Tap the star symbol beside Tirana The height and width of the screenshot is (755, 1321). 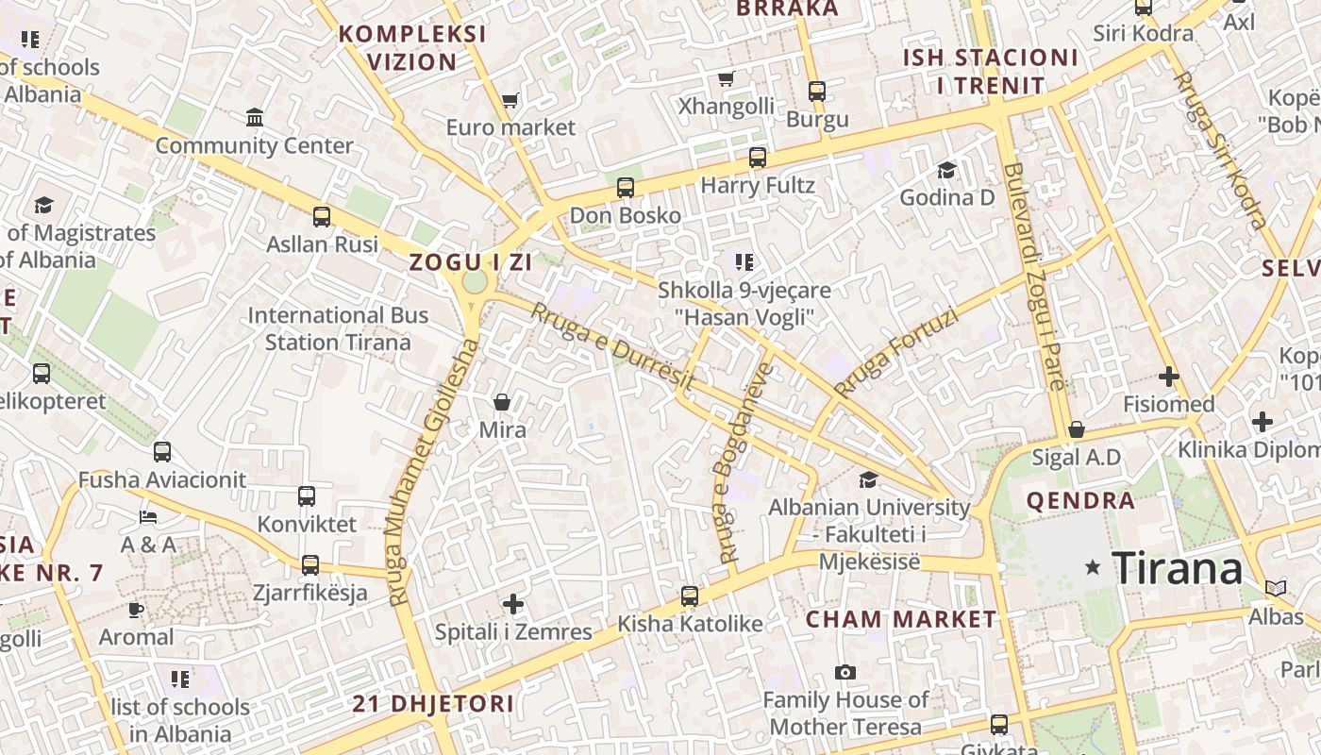(x=1094, y=567)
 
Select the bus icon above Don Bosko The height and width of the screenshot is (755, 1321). (x=625, y=187)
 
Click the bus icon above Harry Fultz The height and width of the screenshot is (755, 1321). (x=757, y=157)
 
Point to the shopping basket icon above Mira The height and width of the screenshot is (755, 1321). (x=502, y=402)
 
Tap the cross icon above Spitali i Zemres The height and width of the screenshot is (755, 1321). (x=513, y=603)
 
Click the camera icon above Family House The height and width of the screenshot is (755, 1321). (x=845, y=672)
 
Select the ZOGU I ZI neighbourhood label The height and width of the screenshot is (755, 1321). (x=471, y=263)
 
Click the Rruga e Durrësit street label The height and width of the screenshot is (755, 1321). (x=613, y=347)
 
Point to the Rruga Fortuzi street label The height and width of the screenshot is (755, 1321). (x=895, y=353)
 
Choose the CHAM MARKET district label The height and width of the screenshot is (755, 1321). (x=900, y=619)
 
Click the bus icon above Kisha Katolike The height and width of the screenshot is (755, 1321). (x=690, y=596)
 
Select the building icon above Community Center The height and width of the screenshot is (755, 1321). (x=254, y=118)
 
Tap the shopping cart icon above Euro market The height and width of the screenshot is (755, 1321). (x=510, y=100)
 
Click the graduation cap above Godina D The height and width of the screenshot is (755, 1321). (x=946, y=170)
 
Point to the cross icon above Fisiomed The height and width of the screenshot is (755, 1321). (x=1169, y=377)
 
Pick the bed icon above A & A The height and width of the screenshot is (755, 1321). (x=148, y=517)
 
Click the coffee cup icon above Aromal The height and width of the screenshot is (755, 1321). (x=136, y=610)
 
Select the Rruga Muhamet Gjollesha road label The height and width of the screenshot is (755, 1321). (x=432, y=472)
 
